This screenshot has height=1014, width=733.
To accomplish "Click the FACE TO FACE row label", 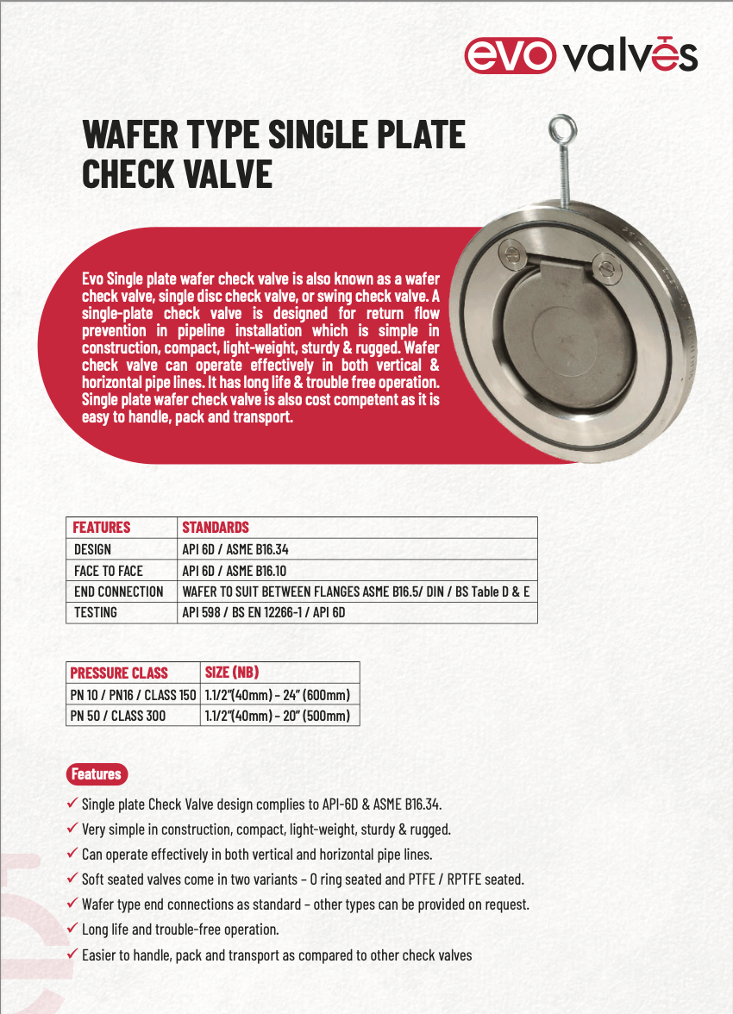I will (x=109, y=570).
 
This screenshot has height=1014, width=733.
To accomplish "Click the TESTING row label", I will (x=96, y=612).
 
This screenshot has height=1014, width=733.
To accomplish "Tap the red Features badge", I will (x=96, y=773).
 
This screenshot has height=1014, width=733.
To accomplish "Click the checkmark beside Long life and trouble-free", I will (x=72, y=929).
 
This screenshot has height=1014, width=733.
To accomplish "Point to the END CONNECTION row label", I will (x=119, y=591).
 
